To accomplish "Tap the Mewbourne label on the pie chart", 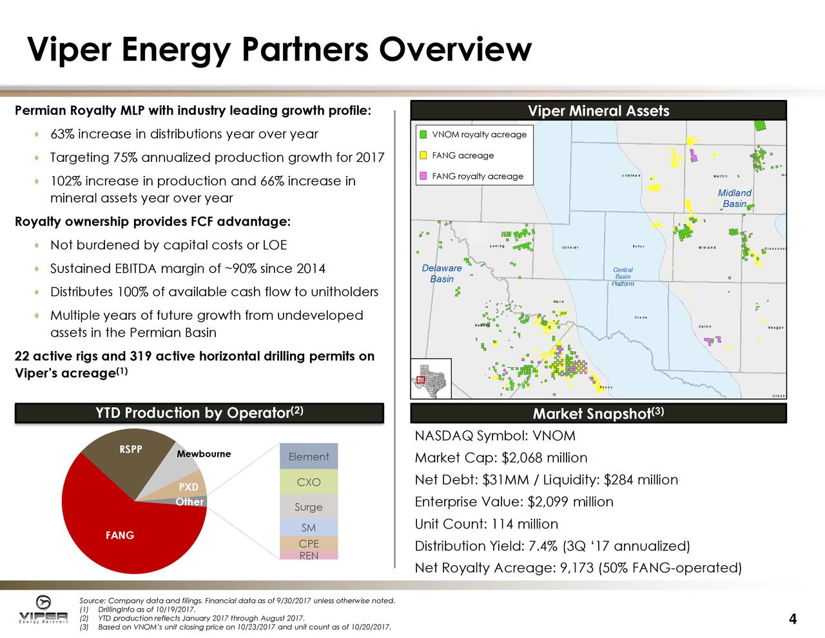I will coord(204,454).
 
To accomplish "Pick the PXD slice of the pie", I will coord(188,487).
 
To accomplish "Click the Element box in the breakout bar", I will coord(308,457).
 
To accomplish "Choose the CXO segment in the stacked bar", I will coord(308,483).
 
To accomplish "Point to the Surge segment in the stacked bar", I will coord(308,507).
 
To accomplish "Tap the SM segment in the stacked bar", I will coord(308,528).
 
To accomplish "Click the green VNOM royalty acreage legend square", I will coord(423,135).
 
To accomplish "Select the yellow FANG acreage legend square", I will coord(423,155).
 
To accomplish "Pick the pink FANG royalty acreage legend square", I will coord(423,176).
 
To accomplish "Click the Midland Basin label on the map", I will coord(735,198).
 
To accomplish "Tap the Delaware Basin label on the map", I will coord(442,274).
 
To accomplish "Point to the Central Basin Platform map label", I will coord(623,277).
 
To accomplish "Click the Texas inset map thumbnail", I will coord(431,379).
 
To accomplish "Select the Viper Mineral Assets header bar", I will coord(598,111).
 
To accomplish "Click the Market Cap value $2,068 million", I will coord(544,458).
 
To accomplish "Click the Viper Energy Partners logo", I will coord(43,610).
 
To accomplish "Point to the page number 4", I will coord(792,620).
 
